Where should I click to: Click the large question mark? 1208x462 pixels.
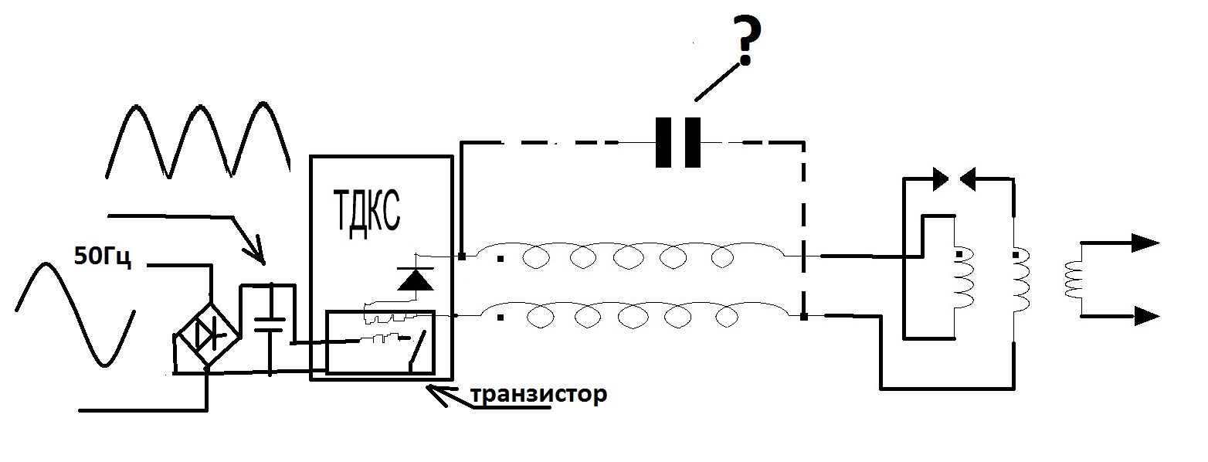click(x=745, y=42)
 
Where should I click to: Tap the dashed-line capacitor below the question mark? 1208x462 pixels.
click(x=678, y=143)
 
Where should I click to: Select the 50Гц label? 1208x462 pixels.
click(x=102, y=256)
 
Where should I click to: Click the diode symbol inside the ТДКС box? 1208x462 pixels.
click(x=416, y=279)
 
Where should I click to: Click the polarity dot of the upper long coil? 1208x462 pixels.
click(x=501, y=259)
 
